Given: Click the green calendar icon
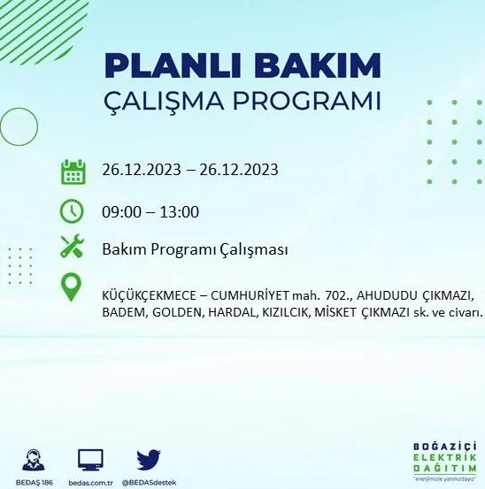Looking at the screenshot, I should pyautogui.click(x=73, y=172).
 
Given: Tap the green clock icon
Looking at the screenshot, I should pyautogui.click(x=72, y=210).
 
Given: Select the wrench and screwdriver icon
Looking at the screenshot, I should pyautogui.click(x=72, y=248).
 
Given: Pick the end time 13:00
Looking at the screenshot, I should pyautogui.click(x=181, y=211).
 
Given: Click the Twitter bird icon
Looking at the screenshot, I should pyautogui.click(x=149, y=458).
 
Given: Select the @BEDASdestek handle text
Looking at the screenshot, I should pyautogui.click(x=149, y=482).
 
